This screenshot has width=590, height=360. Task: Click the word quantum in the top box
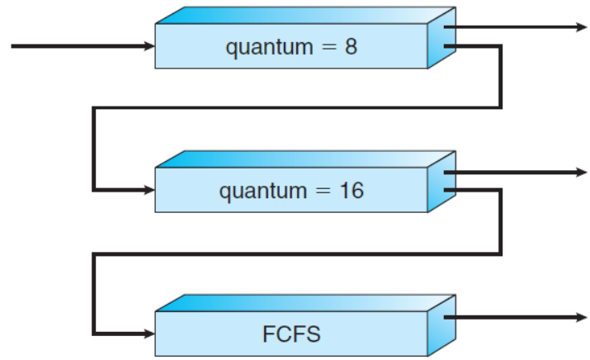coord(263,46)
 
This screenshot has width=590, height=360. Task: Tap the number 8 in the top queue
coord(351,45)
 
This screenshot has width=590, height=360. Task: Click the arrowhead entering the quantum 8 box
coord(149,46)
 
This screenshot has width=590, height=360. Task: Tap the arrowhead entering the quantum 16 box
coord(149,191)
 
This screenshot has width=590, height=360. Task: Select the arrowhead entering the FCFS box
coord(149,334)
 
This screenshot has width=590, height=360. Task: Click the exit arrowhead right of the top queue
coord(582,27)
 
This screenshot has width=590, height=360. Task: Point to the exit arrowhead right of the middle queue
coord(582,173)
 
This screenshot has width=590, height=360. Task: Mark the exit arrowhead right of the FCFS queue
coord(582,317)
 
